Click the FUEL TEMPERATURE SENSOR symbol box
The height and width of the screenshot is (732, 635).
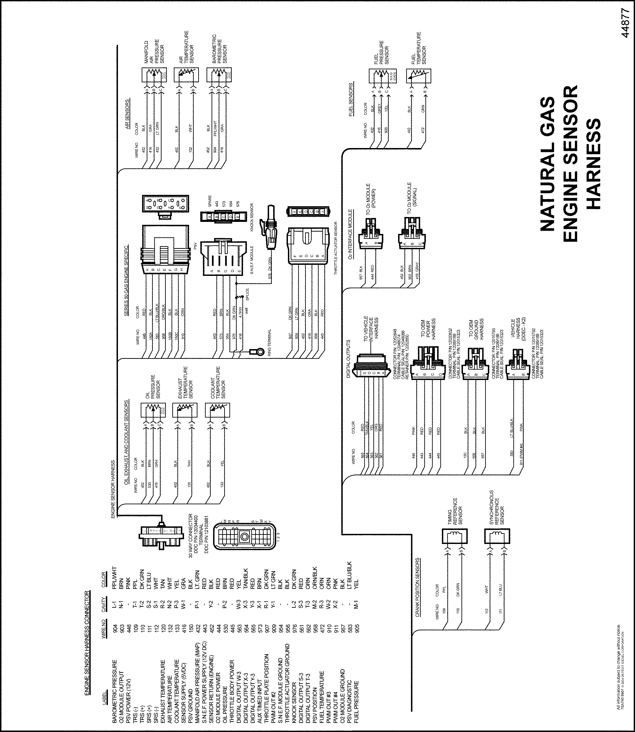point(419,75)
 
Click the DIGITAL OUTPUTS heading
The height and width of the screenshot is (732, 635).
point(348,359)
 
